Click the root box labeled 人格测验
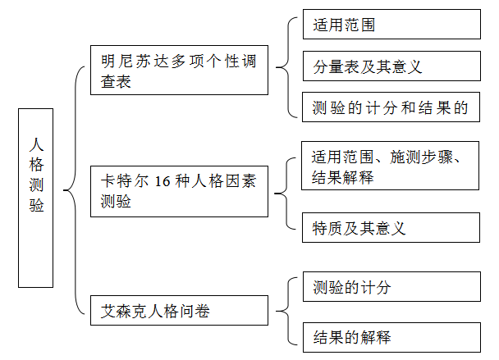click(35, 198)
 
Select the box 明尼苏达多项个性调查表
click(179, 70)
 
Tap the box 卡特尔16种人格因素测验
click(179, 191)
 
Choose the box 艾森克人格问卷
click(179, 311)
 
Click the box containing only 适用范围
click(391, 24)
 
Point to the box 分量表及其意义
click(391, 66)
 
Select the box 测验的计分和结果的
click(391, 107)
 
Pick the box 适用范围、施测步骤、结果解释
click(390, 166)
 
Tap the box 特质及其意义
click(391, 228)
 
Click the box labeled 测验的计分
click(391, 286)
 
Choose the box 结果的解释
click(391, 337)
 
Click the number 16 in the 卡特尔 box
click(162, 181)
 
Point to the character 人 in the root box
click(36, 144)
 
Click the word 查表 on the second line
click(116, 81)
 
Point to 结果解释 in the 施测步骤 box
click(342, 177)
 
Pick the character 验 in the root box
click(36, 205)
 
